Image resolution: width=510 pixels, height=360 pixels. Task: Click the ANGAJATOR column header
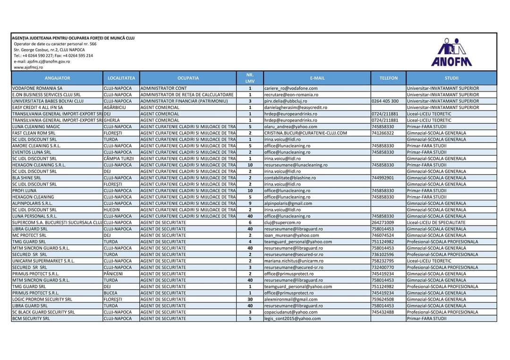[57, 78]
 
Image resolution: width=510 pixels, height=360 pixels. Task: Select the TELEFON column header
[388, 78]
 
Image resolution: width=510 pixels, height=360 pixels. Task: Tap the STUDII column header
[451, 78]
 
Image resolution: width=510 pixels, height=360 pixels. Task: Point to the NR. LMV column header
[250, 78]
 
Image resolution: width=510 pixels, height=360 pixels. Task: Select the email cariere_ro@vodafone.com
[291, 88]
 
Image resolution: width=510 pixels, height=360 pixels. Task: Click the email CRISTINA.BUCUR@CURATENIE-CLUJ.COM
[306, 133]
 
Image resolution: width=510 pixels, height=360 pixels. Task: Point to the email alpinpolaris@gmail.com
[289, 203]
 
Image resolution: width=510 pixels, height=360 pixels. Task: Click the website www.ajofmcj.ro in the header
[28, 67]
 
